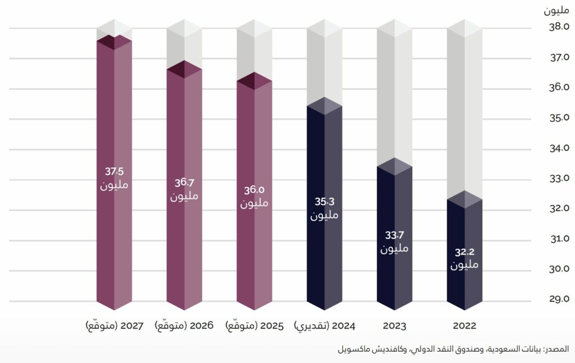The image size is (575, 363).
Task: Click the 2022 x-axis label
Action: (x=464, y=326)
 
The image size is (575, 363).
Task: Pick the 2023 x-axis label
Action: (x=395, y=326)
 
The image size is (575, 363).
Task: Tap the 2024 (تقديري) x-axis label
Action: (x=325, y=326)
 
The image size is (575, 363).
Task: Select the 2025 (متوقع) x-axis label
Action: (x=254, y=326)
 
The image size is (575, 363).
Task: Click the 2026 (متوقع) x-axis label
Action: (x=184, y=326)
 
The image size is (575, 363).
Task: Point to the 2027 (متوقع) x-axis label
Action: (x=115, y=326)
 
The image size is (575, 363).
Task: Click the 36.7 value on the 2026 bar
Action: (x=184, y=183)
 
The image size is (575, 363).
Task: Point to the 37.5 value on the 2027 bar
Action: (x=115, y=171)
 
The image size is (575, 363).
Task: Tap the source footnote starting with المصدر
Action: (x=455, y=350)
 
